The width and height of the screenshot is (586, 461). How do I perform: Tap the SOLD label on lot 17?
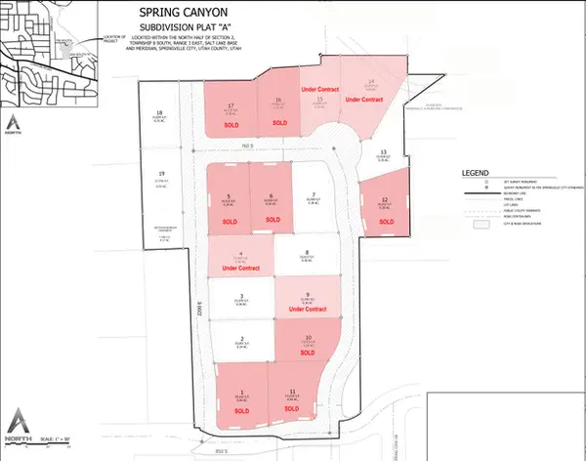pos(231,126)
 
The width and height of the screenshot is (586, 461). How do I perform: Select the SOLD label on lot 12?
pos(385,222)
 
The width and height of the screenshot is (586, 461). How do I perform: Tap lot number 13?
pos(384,152)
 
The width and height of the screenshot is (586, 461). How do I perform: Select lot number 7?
pos(313,194)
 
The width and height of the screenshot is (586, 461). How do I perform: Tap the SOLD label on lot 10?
pos(308,353)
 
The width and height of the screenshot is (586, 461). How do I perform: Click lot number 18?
pos(159,114)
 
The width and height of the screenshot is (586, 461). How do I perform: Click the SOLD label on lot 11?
pos(293,411)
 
